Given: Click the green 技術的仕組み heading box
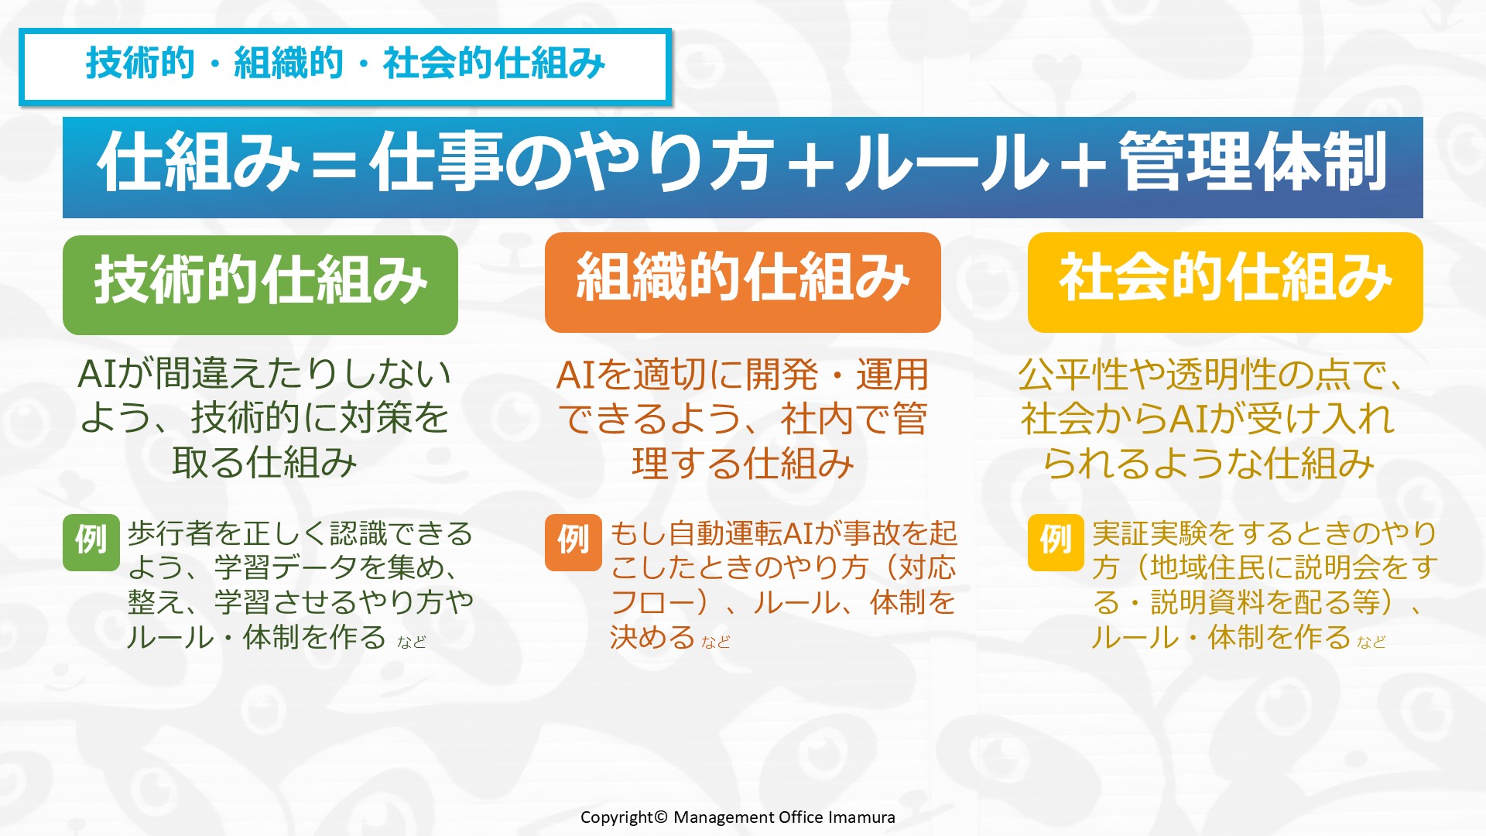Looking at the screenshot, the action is tap(260, 285).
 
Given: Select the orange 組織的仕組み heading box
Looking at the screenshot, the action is tap(743, 283).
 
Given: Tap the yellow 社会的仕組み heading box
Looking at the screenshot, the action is tap(1225, 283).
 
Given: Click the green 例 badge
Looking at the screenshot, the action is tap(91, 543).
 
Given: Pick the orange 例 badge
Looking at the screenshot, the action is tap(574, 543).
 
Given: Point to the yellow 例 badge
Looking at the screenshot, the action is tap(1056, 543).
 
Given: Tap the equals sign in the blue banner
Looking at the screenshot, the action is tap(334, 164).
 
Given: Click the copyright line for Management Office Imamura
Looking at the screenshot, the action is tap(738, 817).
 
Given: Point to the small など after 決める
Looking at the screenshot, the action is tap(716, 642).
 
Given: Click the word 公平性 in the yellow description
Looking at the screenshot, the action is tap(1072, 375).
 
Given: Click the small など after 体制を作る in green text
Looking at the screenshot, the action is tap(412, 642).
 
